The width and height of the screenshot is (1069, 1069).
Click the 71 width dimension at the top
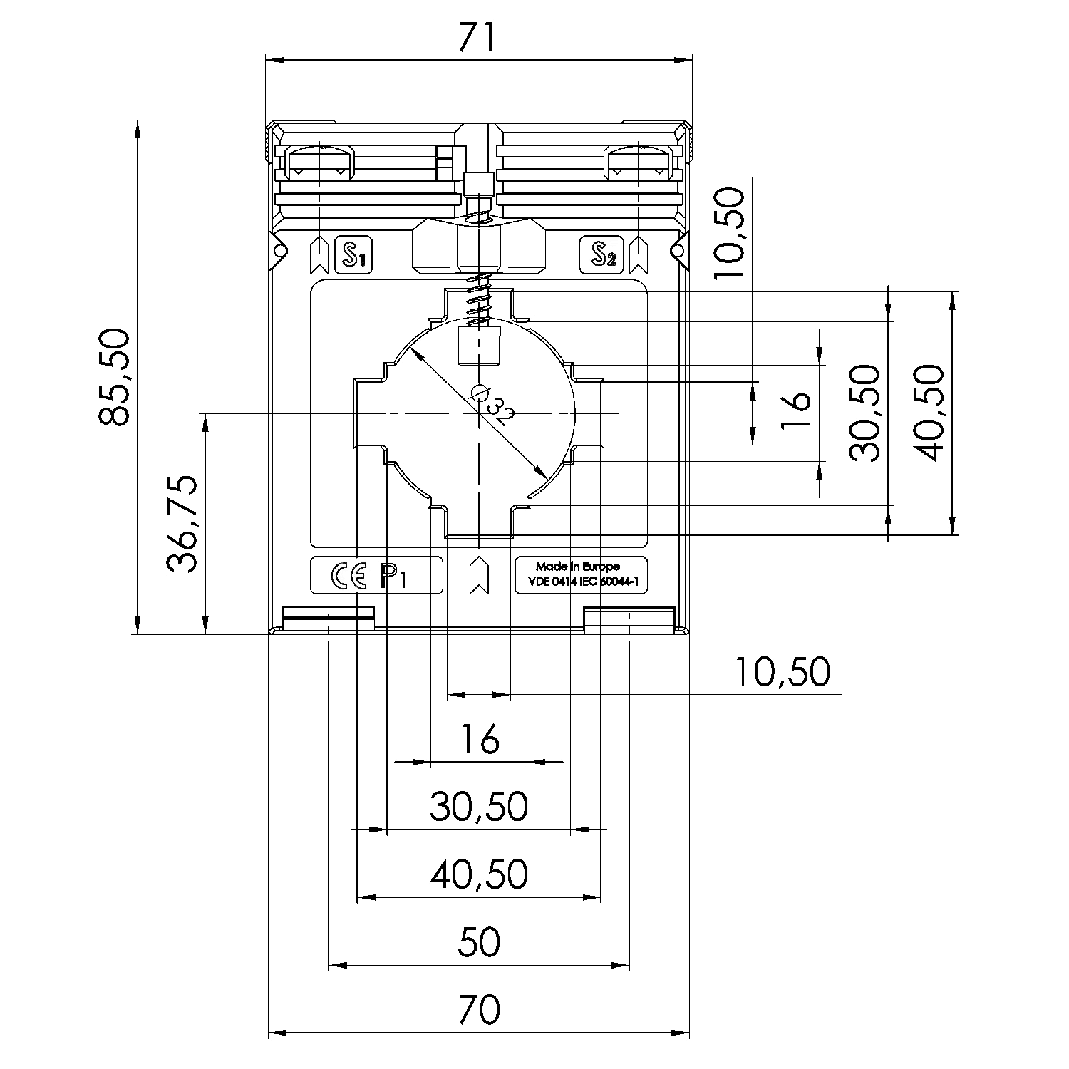coord(477,38)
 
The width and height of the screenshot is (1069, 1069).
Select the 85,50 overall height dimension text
coord(114,377)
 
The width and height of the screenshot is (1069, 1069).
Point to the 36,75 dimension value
coord(182,524)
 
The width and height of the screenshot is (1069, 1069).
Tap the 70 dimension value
coord(479,1008)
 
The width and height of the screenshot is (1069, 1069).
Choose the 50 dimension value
coord(479,942)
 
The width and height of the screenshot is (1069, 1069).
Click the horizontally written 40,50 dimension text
coord(479,874)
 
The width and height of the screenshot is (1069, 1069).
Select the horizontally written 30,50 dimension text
coord(479,807)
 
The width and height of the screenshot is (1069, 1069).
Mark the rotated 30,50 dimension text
coord(865,413)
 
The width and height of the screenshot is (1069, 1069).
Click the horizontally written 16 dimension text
coord(479,740)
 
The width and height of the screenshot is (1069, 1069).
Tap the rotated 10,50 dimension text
coord(729,235)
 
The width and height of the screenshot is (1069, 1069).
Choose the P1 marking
coord(394,576)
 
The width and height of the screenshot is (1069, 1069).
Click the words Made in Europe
coord(578,567)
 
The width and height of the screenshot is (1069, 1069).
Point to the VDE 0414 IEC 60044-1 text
coord(582,582)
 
